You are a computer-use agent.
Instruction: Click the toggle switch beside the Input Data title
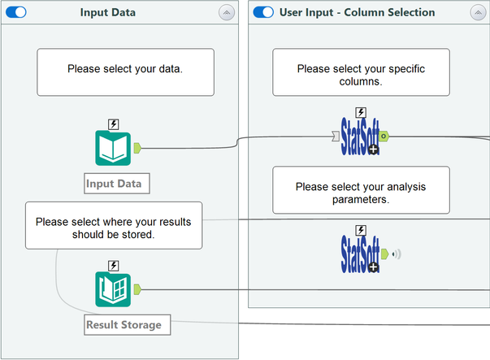16,12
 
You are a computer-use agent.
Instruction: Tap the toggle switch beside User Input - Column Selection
263,12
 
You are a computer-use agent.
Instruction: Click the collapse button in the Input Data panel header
227,12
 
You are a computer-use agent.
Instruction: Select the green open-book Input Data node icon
113,148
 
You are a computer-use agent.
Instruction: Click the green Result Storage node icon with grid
113,289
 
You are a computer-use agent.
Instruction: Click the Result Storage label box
128,325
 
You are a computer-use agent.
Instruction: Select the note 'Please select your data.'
125,72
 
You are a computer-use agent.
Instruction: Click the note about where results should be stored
114,225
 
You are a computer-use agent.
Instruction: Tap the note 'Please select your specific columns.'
361,72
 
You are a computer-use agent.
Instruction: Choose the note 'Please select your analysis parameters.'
361,190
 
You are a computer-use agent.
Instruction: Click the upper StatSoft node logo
360,137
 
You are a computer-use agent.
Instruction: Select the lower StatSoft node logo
360,254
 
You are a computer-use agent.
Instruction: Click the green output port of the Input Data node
137,148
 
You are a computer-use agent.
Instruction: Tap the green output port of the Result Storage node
137,289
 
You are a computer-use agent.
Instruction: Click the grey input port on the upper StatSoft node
336,137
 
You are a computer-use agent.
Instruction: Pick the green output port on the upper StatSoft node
384,137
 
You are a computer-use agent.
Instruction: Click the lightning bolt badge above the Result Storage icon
114,266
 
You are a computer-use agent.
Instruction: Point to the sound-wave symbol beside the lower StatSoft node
397,254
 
